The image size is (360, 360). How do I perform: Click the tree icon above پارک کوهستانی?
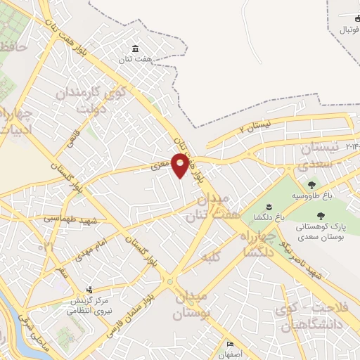pos(321,216)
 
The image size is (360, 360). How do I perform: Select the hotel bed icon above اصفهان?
pos(231,345)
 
